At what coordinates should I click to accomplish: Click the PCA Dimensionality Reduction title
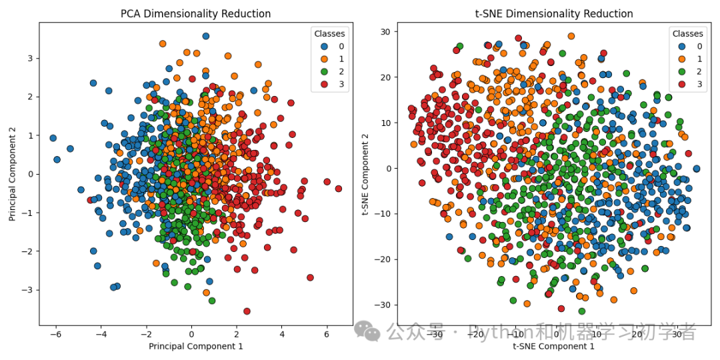coord(195,14)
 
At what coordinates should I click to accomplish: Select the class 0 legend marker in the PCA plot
coord(324,46)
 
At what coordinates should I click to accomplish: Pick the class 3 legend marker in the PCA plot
coord(324,84)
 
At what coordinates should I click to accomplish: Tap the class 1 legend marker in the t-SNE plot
coord(682,59)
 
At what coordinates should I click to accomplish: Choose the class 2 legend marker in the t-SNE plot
coord(682,71)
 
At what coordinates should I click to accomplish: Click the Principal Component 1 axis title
coord(195,346)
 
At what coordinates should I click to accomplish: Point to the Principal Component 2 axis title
coord(12,175)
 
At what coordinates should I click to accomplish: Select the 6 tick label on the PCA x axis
coord(327,334)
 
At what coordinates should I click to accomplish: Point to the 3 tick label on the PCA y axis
coord(31,58)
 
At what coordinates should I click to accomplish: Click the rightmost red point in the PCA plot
coord(338,189)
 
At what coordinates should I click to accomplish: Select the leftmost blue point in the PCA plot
coord(53,138)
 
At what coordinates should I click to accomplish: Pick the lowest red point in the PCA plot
coord(247,311)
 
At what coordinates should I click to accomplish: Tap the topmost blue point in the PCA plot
coord(205,36)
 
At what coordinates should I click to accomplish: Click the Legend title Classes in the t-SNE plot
coord(687,33)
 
